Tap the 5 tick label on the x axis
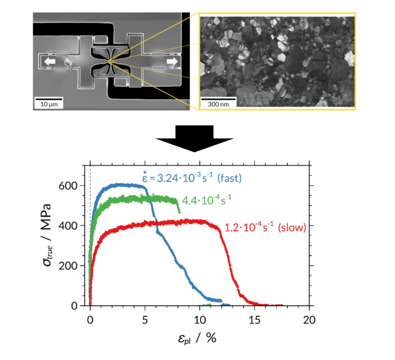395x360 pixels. point(145,319)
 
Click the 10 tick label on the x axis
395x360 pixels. point(200,319)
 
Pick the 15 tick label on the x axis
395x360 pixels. point(254,319)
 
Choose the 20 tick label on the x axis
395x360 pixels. point(309,319)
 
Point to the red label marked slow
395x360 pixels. point(265,227)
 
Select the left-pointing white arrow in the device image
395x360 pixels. point(49,62)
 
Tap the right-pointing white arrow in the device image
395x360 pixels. point(171,62)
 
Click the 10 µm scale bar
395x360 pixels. point(48,102)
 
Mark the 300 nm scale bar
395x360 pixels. point(218,102)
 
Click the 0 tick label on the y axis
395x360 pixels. point(75,306)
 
